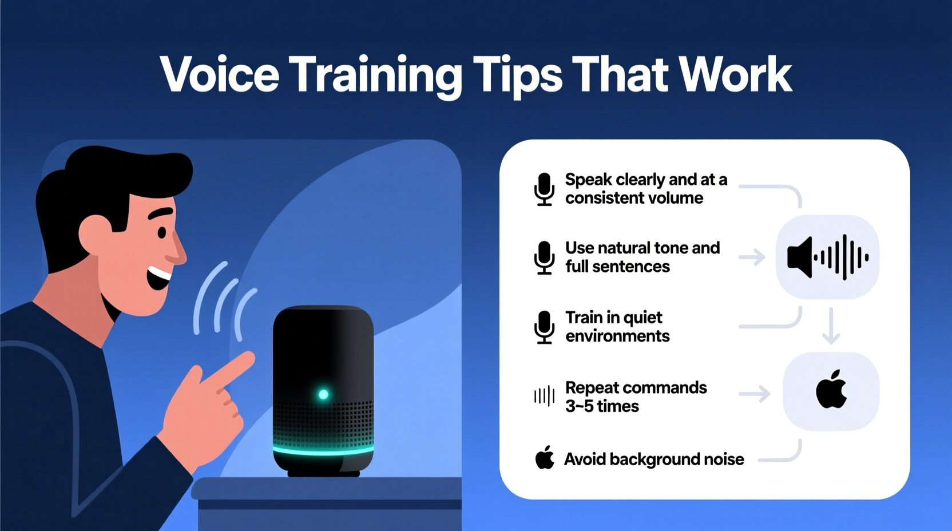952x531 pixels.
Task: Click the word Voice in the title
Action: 220,74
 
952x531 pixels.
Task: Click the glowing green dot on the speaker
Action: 323,394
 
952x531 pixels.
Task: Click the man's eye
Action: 162,232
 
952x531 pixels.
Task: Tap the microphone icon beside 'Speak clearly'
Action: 544,189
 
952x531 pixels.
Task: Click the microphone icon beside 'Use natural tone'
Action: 544,257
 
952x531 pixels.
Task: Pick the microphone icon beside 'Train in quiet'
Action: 544,327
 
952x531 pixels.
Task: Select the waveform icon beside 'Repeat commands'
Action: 544,396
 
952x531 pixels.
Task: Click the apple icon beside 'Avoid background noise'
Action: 545,458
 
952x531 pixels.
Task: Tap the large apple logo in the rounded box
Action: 831,390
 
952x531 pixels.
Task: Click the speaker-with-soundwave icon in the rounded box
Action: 827,257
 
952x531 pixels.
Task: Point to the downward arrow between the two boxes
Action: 831,326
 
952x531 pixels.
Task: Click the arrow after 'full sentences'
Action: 752,257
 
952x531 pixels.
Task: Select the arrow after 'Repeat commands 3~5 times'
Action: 755,394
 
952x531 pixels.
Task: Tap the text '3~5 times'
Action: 602,406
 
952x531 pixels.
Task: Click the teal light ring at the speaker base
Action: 323,451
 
